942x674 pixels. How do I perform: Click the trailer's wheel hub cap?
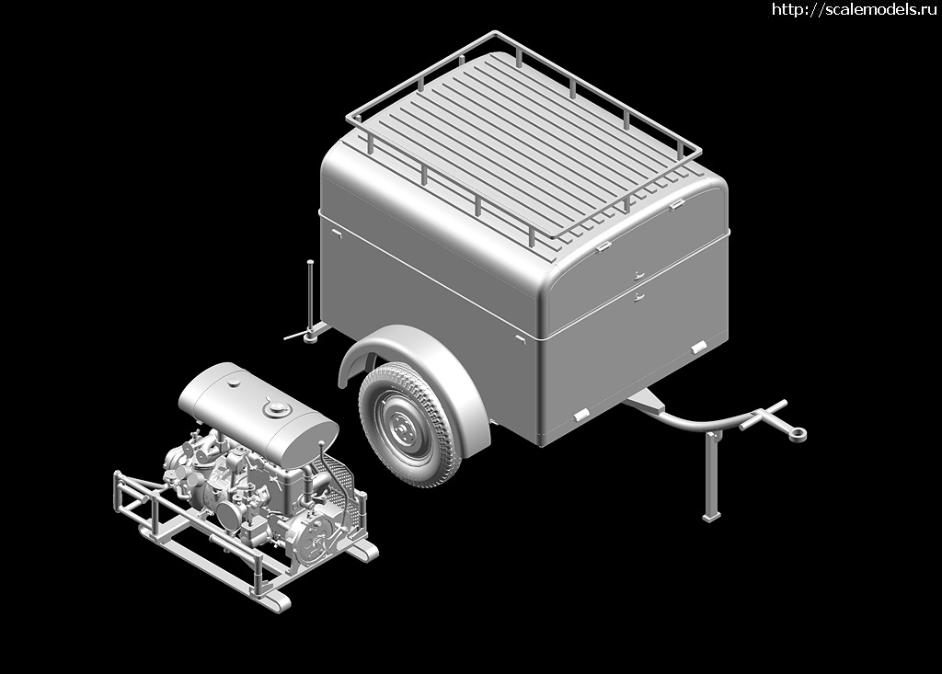tap(401, 426)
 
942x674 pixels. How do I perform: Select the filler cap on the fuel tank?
tap(276, 409)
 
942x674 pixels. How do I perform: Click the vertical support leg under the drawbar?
tap(712, 474)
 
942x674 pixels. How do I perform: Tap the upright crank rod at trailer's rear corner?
tap(310, 294)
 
